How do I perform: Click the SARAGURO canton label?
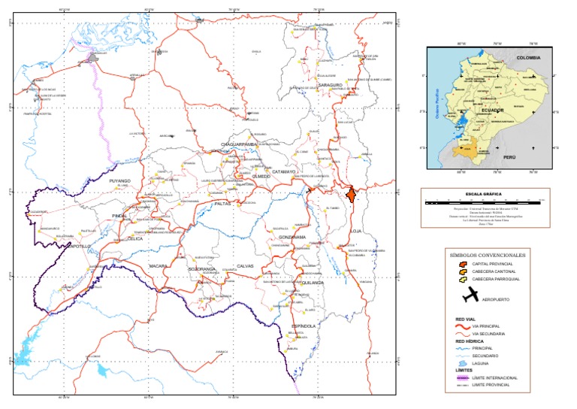coord(330,86)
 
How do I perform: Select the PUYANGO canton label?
coord(119,181)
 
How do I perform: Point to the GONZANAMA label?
coord(288,237)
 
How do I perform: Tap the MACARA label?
coord(158,266)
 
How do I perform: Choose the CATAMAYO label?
coord(283,172)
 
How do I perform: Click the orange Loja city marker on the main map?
coord(350,195)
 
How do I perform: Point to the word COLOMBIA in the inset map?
coord(528,57)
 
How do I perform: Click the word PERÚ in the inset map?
coord(509,159)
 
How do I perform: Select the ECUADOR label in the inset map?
coord(488,110)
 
